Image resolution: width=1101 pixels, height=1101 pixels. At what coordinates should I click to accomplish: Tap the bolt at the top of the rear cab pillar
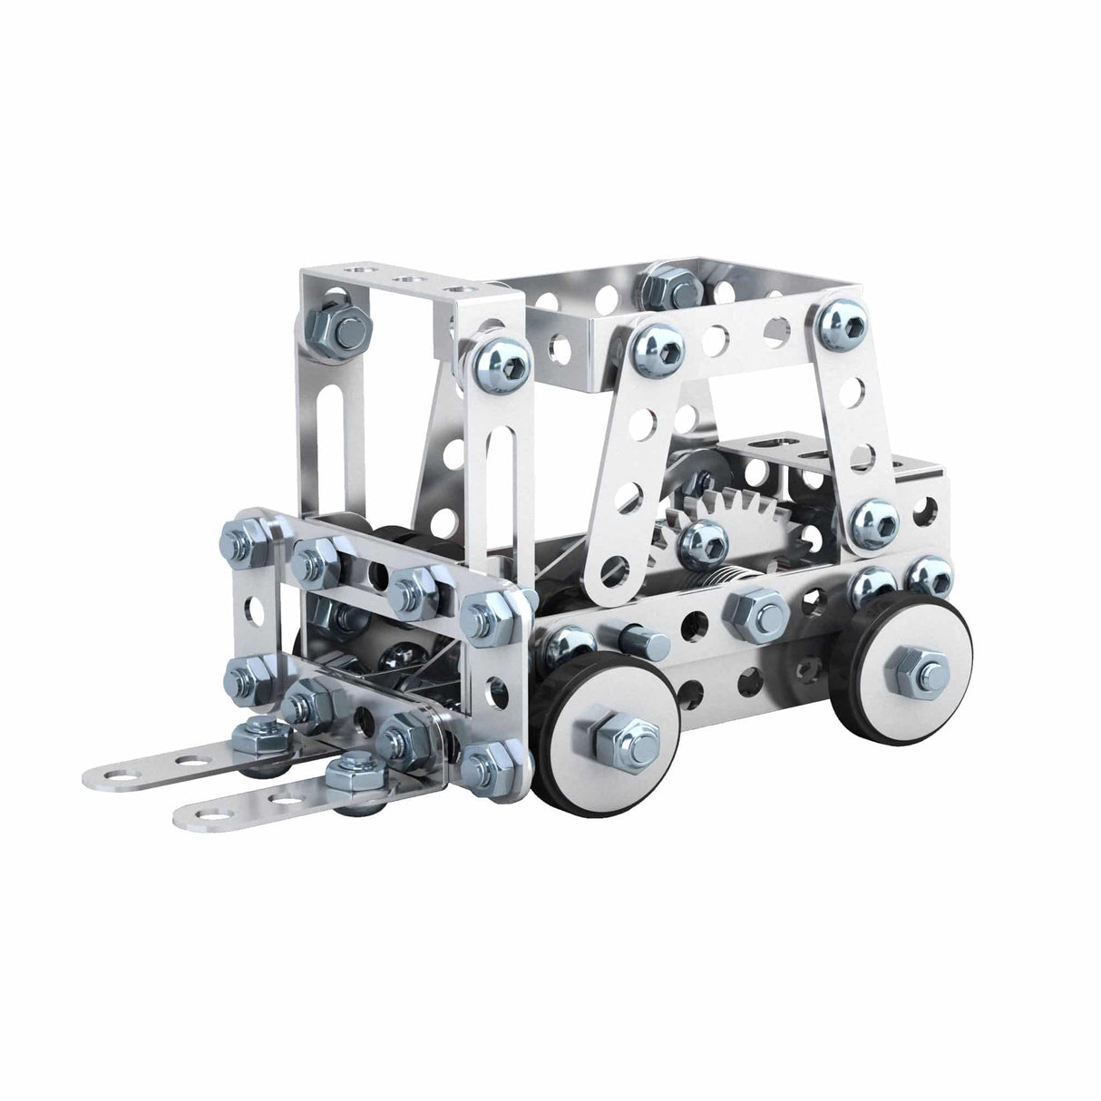point(837,323)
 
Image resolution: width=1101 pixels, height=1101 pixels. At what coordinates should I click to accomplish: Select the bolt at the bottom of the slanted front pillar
point(705,541)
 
